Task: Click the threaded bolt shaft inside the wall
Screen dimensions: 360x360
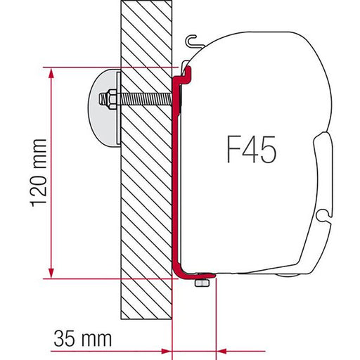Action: click(144, 98)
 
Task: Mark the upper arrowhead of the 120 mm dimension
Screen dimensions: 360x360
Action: click(51, 72)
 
